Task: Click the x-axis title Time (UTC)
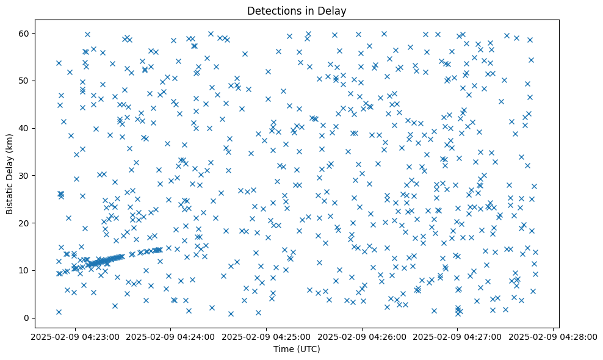click(296, 350)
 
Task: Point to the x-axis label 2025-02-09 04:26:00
click(362, 337)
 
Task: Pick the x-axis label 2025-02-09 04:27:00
click(458, 337)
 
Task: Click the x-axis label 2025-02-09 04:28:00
click(554, 337)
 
